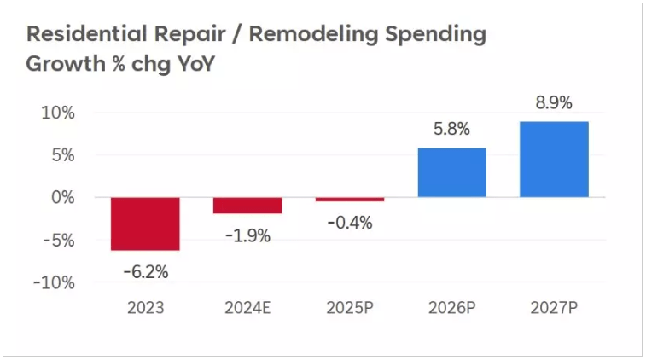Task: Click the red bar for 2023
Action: coord(145,224)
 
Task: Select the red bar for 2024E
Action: coord(247,205)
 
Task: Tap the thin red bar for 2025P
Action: coord(350,200)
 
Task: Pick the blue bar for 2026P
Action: coord(452,172)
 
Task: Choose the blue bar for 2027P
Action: coord(554,160)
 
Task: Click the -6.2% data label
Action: coord(146,272)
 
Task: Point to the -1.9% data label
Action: coord(248,236)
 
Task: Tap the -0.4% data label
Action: coord(350,223)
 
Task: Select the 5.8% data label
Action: coord(451,129)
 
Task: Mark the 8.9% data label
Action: coord(554,102)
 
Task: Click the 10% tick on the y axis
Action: coord(58,113)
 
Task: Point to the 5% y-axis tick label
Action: coord(63,155)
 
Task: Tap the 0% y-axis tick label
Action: coord(63,198)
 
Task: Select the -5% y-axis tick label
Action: coord(59,240)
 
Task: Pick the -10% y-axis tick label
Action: coord(54,282)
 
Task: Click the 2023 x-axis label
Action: coord(145,308)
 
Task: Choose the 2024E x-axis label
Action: coord(247,308)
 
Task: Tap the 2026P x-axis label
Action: coord(452,308)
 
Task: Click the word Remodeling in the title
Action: coord(313,35)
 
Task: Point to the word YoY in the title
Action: coord(196,64)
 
